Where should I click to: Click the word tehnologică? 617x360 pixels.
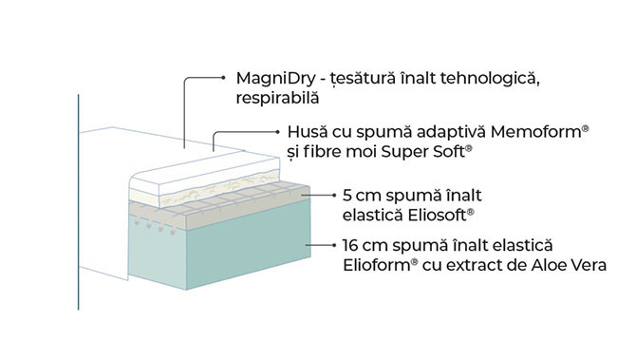(x=488, y=77)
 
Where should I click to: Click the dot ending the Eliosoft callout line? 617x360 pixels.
(x=304, y=195)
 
